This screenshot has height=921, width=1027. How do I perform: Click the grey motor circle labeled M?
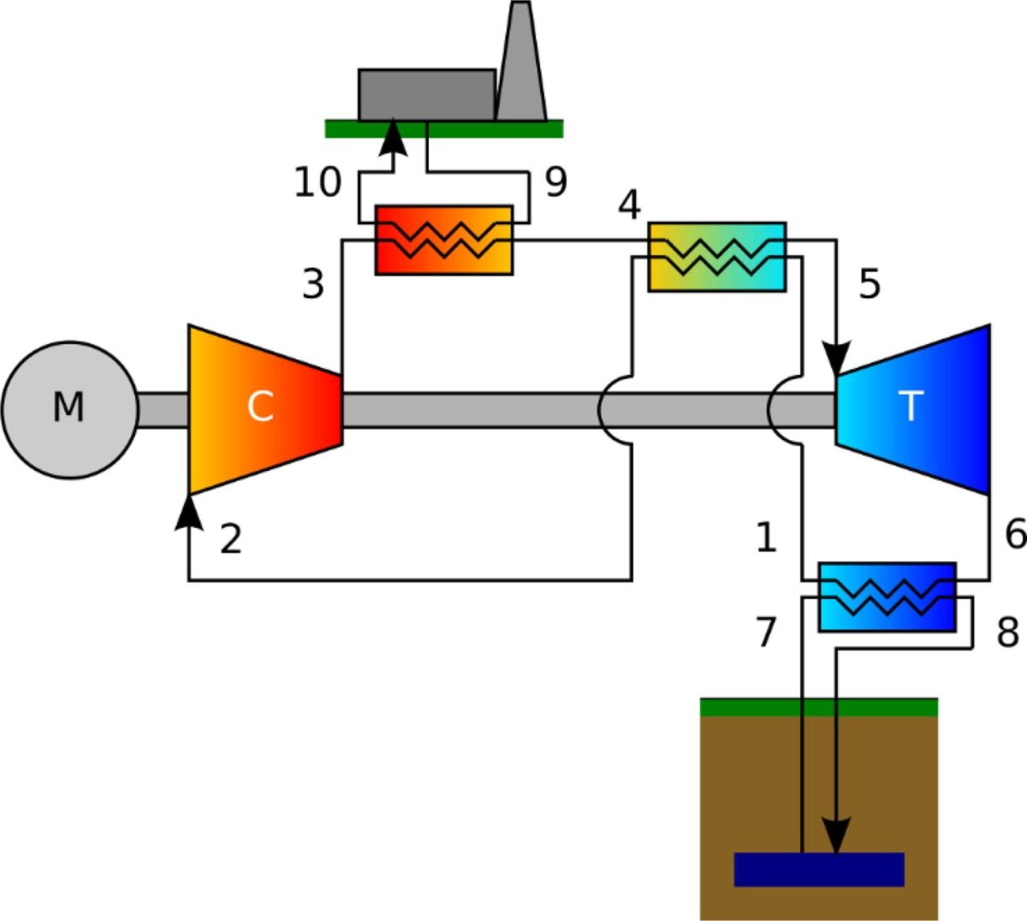68,409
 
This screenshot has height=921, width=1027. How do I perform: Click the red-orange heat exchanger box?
443,240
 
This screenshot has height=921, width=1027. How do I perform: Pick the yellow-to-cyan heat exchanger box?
716,257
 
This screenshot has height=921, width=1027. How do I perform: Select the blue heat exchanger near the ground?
887,597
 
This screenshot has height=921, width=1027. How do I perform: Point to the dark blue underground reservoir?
819,869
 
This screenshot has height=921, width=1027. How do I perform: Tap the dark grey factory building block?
426,94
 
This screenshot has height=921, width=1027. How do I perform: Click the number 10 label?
318,182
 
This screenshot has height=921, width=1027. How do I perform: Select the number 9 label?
556,182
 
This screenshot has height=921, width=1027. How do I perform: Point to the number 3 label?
313,284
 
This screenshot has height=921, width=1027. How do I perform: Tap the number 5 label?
870,284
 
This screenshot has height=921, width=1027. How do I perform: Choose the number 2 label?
230,539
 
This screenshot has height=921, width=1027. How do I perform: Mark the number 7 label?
765,633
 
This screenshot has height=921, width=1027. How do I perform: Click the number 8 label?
1008,633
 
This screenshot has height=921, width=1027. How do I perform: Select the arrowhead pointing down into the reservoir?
836,835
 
